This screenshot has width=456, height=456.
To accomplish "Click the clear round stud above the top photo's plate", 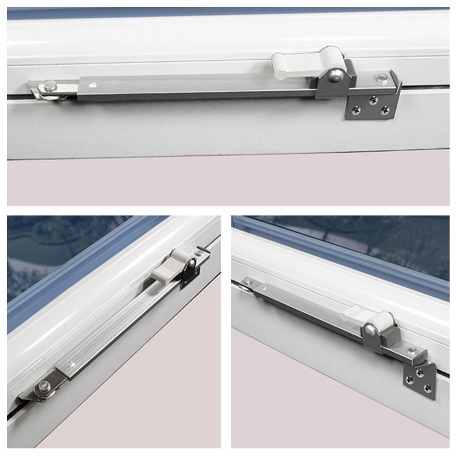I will coord(378,76).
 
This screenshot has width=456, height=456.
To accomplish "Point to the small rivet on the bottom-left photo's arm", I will coord(71,363).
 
